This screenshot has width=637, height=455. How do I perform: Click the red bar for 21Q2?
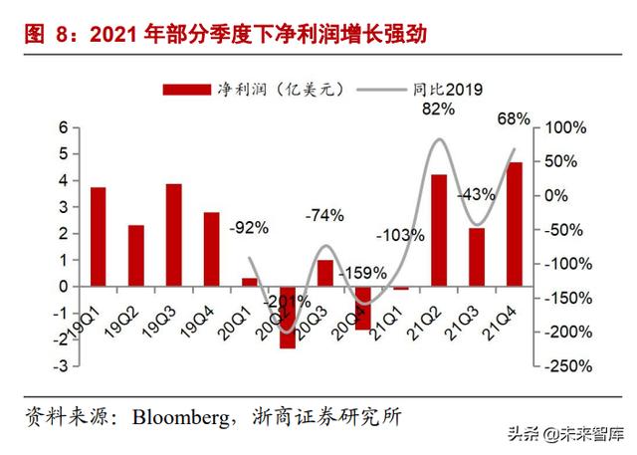pos(439,230)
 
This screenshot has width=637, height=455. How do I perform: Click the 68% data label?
pos(513,119)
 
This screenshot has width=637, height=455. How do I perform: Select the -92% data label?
pos(249,228)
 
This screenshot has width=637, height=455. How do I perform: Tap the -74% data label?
pos(324,214)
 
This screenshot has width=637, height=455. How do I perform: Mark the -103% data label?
pos(401,236)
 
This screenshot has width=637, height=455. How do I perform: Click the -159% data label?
pos(361,272)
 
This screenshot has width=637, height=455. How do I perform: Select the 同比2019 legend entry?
pos(448,90)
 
